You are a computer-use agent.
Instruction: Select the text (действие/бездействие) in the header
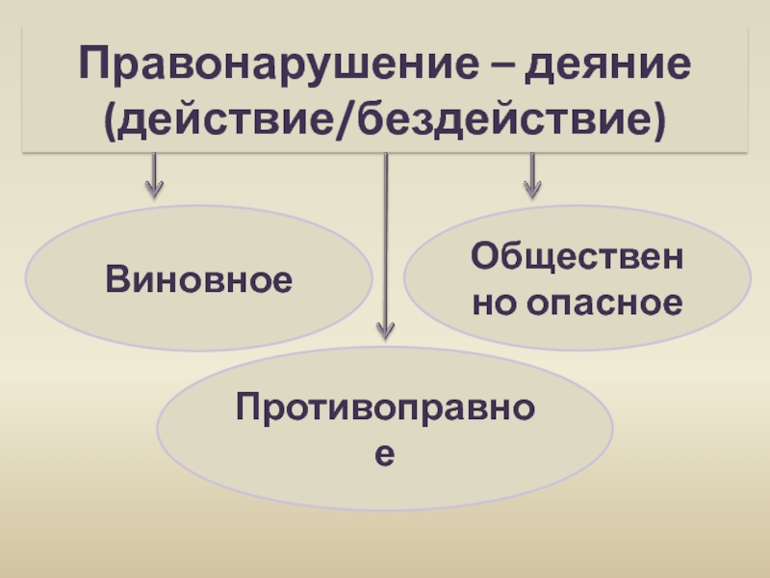click(x=385, y=122)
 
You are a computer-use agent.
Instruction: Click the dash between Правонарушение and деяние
click(x=506, y=67)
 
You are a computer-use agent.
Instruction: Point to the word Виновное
click(x=199, y=280)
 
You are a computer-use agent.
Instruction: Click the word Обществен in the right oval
click(x=577, y=257)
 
